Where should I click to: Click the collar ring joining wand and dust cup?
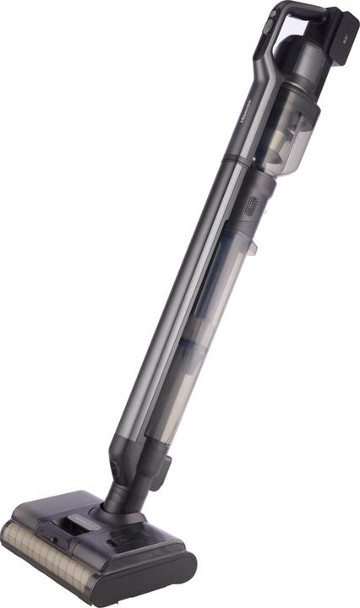point(239,160)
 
